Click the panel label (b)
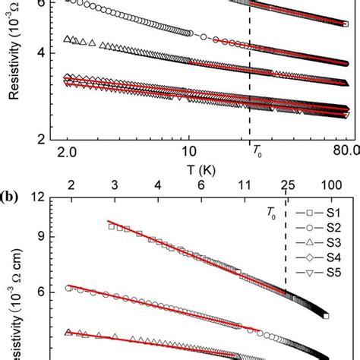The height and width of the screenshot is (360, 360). (x=13, y=195)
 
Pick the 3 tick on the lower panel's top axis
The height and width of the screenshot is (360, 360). (x=113, y=185)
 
